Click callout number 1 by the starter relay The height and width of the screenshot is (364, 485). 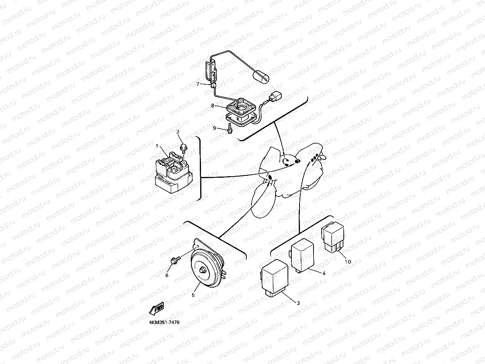[x=157, y=146]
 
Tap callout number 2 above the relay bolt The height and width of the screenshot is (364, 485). [x=178, y=132]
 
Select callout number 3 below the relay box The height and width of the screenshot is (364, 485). [x=298, y=303]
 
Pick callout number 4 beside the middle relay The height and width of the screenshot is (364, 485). [x=324, y=273]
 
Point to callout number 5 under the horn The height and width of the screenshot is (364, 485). [x=193, y=295]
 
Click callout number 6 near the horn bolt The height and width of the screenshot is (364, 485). [x=167, y=275]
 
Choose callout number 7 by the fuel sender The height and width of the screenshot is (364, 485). [x=197, y=84]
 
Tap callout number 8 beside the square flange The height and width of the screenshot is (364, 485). [x=213, y=105]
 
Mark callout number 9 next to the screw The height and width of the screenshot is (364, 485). [x=214, y=128]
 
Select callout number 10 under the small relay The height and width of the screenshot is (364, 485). [x=348, y=262]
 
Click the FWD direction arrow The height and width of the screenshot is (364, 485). [x=157, y=309]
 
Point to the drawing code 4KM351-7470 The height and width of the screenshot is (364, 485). [x=164, y=322]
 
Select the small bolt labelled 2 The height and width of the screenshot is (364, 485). [x=184, y=148]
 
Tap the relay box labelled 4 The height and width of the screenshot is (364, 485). [x=305, y=254]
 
